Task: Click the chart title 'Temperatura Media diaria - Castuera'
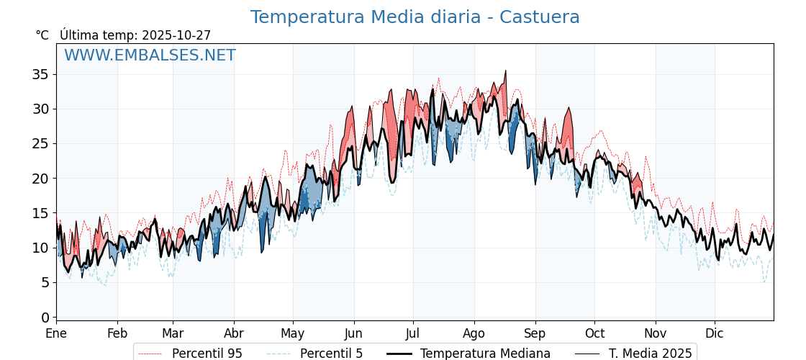click(415, 17)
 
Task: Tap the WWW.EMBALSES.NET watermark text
click(150, 55)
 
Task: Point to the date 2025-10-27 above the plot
click(176, 35)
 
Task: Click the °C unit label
click(42, 35)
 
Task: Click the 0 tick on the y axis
click(45, 318)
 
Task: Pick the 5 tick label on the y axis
click(45, 283)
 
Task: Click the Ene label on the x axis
click(56, 334)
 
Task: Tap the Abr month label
click(234, 334)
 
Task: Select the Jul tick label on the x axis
click(413, 334)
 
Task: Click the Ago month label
click(474, 334)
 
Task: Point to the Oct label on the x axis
click(594, 334)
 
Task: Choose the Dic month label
click(715, 334)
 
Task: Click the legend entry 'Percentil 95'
click(207, 354)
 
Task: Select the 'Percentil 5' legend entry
click(331, 354)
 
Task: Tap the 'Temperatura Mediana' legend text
click(485, 354)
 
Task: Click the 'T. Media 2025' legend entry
click(650, 354)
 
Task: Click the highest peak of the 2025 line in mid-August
click(506, 71)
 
